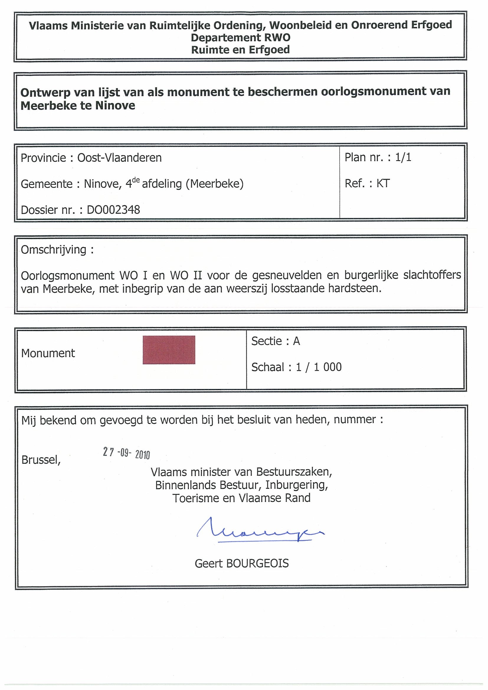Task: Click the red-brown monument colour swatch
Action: (169, 350)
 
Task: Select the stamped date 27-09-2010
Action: (126, 453)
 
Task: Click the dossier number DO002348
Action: (113, 210)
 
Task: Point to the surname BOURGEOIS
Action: (257, 563)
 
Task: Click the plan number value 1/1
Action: (403, 157)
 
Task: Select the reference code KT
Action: (383, 183)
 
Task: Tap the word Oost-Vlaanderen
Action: (119, 158)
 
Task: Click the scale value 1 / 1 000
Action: (319, 367)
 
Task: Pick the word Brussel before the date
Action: (41, 460)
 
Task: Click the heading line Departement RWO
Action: (240, 37)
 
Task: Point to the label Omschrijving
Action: (53, 249)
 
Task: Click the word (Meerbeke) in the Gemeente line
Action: (215, 184)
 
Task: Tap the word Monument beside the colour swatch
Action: (48, 353)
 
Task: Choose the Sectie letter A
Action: (297, 341)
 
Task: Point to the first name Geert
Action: (208, 563)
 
